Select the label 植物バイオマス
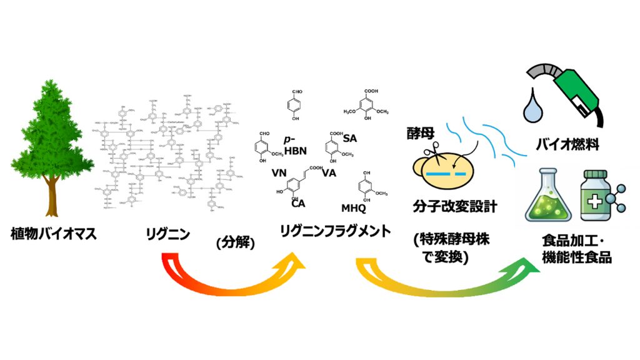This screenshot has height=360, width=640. tap(53, 234)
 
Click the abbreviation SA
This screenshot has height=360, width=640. tap(350, 138)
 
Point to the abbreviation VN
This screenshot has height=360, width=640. tap(279, 173)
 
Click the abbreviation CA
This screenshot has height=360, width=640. tap(298, 202)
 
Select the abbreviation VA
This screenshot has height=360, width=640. tap(329, 173)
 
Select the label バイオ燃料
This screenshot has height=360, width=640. tap(567, 146)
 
